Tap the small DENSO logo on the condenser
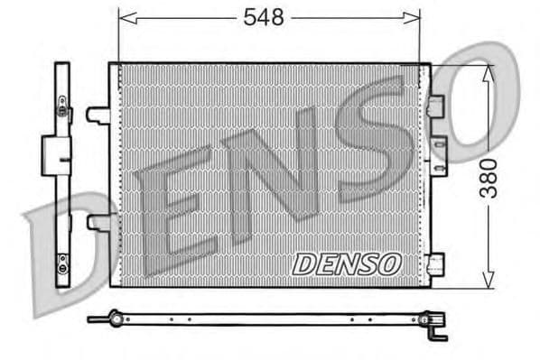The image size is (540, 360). pos(346,263)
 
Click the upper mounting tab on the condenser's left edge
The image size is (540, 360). pos(98,115)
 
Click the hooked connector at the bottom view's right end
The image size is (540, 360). pos(437,327)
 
